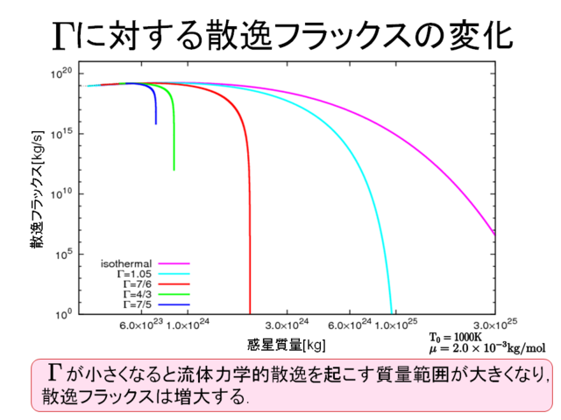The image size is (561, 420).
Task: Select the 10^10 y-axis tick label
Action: coord(65,194)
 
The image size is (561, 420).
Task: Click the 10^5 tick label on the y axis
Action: coord(67,254)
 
